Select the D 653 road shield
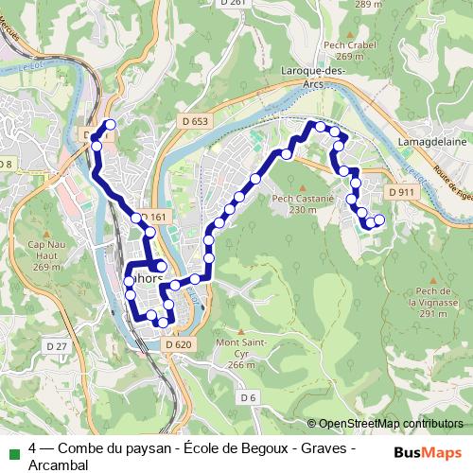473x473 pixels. point(194,121)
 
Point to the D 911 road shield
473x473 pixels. point(401,192)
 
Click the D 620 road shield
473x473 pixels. point(178,344)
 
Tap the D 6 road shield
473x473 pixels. point(248,397)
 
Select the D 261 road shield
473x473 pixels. point(233,3)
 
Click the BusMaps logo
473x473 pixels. point(429,451)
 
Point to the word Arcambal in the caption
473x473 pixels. point(58,464)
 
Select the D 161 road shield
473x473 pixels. point(154,218)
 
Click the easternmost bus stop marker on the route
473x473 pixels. point(380,220)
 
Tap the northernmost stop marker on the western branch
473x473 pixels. point(111,125)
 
